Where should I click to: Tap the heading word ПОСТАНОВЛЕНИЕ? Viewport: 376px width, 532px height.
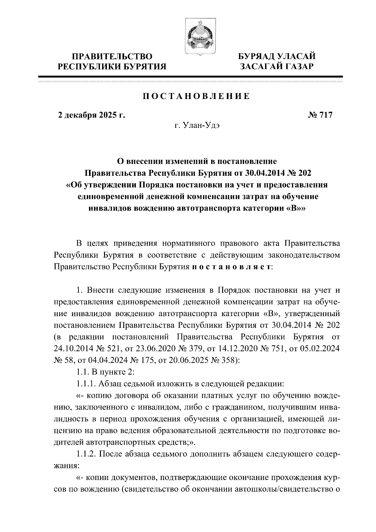click(196, 96)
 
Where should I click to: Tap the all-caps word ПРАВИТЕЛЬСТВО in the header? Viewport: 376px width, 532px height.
click(113, 56)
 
